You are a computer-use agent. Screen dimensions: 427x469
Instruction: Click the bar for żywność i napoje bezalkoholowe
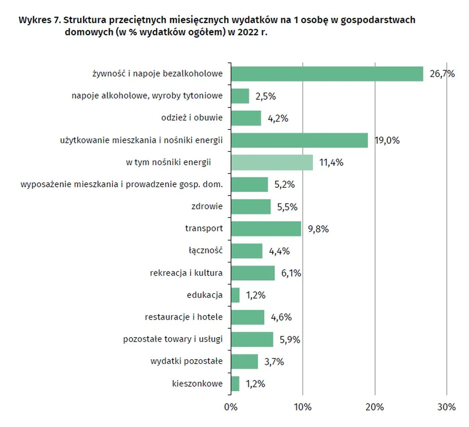click(x=327, y=74)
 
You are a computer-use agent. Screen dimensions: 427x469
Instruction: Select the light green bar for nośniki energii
click(x=272, y=162)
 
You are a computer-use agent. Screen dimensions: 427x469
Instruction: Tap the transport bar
click(x=266, y=229)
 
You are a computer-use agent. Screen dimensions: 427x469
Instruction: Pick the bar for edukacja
click(x=235, y=295)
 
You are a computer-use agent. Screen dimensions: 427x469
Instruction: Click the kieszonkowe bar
click(x=235, y=384)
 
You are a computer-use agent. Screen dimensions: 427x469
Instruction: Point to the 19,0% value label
click(x=387, y=141)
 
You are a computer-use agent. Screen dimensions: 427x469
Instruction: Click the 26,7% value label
click(x=442, y=74)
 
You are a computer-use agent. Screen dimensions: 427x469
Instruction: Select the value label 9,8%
click(x=318, y=229)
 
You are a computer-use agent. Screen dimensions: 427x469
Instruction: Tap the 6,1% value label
click(x=291, y=273)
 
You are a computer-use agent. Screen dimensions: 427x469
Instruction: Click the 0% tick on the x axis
click(x=231, y=407)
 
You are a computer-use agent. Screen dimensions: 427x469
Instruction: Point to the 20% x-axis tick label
click(x=374, y=407)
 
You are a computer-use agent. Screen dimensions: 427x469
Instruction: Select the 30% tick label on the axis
click(x=446, y=407)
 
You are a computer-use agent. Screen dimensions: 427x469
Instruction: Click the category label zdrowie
click(x=207, y=206)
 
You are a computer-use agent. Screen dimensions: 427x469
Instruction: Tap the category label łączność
click(x=206, y=250)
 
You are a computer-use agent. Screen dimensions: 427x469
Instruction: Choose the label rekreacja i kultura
click(x=186, y=273)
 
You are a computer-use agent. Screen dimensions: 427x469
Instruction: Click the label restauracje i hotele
click(x=184, y=317)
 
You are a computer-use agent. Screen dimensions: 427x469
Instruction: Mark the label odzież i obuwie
click(x=192, y=118)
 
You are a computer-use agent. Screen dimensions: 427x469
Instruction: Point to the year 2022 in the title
click(x=248, y=32)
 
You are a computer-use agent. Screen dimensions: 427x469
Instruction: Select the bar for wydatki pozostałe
click(x=244, y=362)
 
